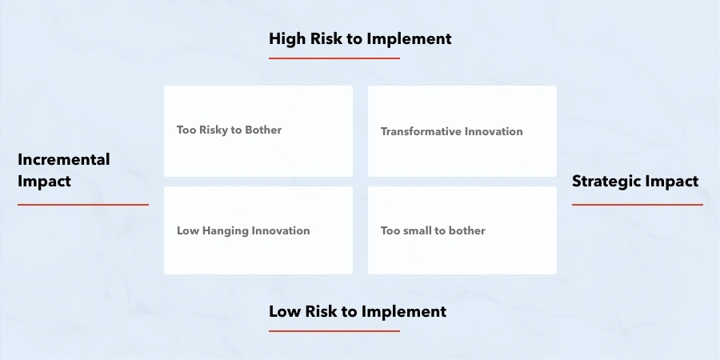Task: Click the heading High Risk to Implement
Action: [360, 39]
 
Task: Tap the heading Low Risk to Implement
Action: [358, 312]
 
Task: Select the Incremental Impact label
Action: [64, 170]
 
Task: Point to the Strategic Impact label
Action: [635, 182]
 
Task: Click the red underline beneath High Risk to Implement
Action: [334, 58]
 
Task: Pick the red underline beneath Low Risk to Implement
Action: [334, 331]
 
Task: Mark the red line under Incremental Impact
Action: [83, 205]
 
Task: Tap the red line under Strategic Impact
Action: [638, 205]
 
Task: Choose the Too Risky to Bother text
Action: [229, 130]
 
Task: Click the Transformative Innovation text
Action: [452, 132]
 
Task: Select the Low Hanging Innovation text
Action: [243, 231]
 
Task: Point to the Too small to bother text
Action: [433, 231]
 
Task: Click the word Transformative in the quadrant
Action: [421, 132]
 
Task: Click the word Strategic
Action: [606, 182]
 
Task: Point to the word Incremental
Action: [64, 160]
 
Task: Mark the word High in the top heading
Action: [287, 39]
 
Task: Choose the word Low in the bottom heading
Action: [285, 312]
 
